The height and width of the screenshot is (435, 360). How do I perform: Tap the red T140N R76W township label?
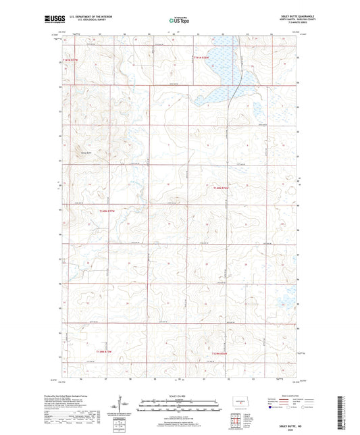pos(222,188)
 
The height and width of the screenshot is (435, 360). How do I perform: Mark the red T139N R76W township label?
pos(221,353)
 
